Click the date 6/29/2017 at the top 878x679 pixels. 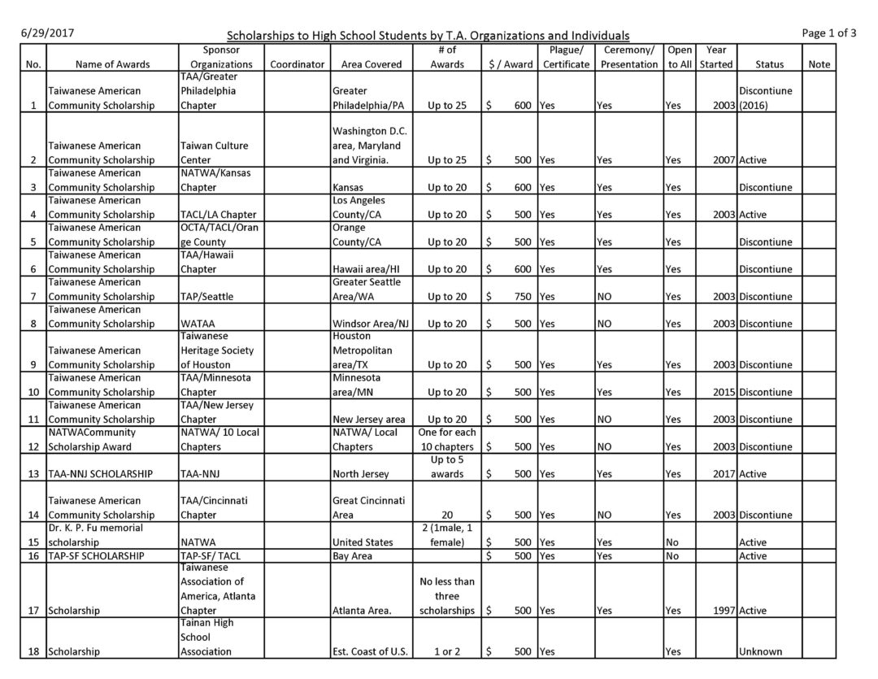[46, 33]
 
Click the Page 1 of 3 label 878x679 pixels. [828, 33]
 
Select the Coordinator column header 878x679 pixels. [298, 64]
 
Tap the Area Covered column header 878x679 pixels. [372, 64]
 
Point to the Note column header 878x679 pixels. [819, 64]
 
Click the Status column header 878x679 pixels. [769, 64]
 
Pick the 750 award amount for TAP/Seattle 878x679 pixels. [517, 297]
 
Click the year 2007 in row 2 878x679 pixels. [722, 160]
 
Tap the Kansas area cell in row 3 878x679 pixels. [350, 188]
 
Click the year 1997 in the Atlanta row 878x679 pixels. [722, 611]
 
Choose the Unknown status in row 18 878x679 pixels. [760, 651]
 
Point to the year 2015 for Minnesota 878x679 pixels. [722, 392]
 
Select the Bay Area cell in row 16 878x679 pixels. [353, 556]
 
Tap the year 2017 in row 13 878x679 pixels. [722, 474]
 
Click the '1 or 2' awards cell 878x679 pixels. [447, 651]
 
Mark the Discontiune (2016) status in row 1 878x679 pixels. [764, 98]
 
